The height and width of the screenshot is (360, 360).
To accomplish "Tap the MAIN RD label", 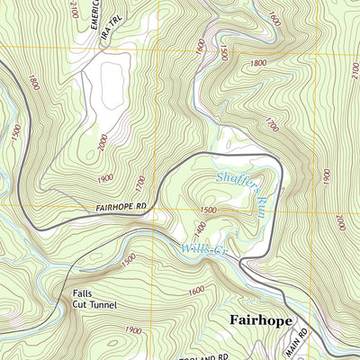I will (x=296, y=343).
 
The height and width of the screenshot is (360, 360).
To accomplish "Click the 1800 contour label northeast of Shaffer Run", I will (x=258, y=63).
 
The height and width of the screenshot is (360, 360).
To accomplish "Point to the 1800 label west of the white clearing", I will (x=33, y=85).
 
